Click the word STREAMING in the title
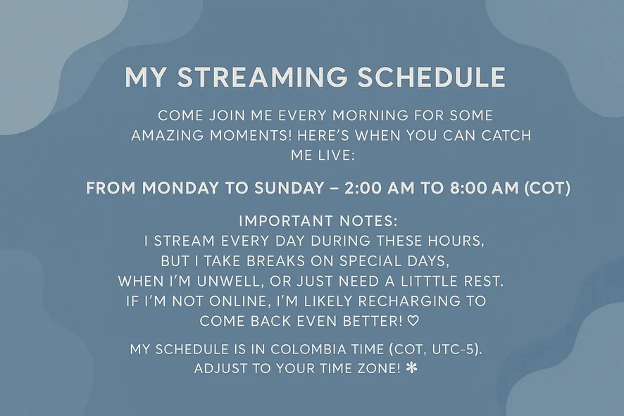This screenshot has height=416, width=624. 262,77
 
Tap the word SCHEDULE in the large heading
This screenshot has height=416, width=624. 432,77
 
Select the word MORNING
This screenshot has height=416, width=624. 370,115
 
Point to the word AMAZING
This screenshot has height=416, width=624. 168,136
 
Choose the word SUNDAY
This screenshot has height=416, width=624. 289,188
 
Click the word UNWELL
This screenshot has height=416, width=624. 230,281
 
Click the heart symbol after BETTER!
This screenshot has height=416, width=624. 414,321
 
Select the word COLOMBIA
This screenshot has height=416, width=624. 308,349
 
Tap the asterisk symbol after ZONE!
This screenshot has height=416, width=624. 412,368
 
